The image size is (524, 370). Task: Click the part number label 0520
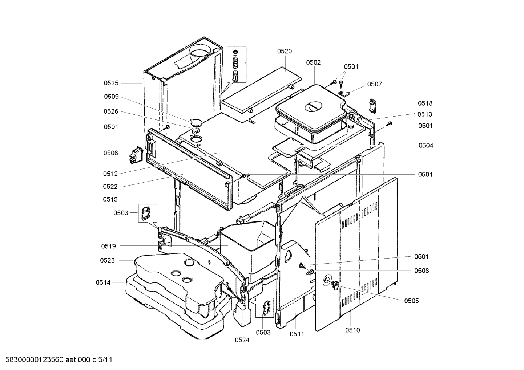[x=284, y=51]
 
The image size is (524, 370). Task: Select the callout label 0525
[x=111, y=83]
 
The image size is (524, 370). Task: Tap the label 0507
[x=374, y=84]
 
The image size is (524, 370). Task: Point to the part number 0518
[x=425, y=103]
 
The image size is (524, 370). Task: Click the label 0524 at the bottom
[x=242, y=340]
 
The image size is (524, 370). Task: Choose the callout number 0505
[x=411, y=301]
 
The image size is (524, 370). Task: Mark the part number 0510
[x=352, y=330]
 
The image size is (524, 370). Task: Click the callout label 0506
[x=111, y=153]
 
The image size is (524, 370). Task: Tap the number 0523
[x=107, y=260]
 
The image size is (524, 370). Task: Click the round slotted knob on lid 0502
[x=313, y=107]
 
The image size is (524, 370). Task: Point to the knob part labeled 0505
[x=335, y=285]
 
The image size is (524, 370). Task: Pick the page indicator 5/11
[x=105, y=360]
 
